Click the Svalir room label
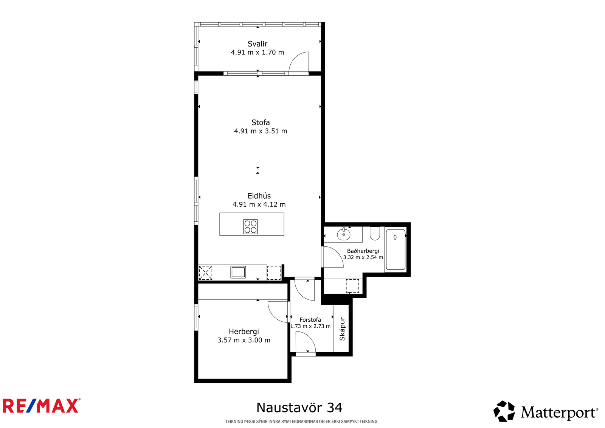[258, 44]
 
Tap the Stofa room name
[261, 123]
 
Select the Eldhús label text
[259, 196]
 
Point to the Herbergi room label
[244, 332]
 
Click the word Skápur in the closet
[342, 329]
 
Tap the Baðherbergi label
[363, 251]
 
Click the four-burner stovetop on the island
[250, 227]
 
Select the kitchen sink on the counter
[238, 272]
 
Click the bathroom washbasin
[344, 234]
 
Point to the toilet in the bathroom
[375, 233]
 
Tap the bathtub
[396, 249]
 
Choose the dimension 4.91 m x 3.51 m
[261, 131]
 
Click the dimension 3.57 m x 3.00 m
[244, 340]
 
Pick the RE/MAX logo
[42, 406]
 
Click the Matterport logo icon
[504, 411]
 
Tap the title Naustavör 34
[299, 408]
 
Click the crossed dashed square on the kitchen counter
[206, 273]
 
